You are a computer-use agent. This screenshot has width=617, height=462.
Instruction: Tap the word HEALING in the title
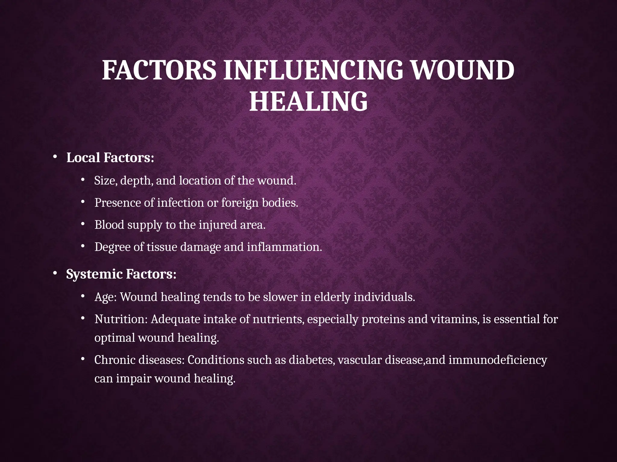308,101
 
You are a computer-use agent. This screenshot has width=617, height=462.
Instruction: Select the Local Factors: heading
110,158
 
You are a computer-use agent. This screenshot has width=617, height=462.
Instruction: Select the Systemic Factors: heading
121,274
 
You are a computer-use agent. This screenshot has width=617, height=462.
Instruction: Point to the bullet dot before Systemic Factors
55,273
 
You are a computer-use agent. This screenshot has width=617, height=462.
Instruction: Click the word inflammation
284,247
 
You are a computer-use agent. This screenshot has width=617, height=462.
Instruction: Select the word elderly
332,297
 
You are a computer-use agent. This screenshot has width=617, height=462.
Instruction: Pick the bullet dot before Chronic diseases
83,359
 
